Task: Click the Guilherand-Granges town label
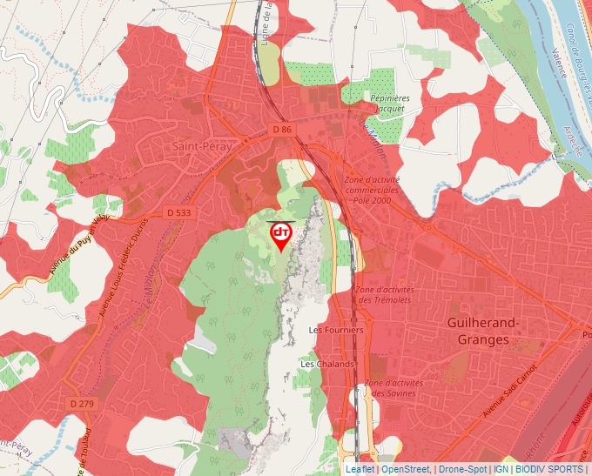pos(482,331)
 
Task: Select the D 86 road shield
pos(282,130)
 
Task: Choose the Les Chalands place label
pos(327,363)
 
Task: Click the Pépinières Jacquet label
pos(391,104)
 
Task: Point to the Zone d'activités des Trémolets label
pos(385,294)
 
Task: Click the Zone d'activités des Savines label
pos(394,387)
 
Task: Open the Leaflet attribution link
pos(360,469)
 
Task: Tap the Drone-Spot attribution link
pos(462,469)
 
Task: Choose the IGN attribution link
pos(501,469)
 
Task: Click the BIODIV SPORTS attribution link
pos(549,469)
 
